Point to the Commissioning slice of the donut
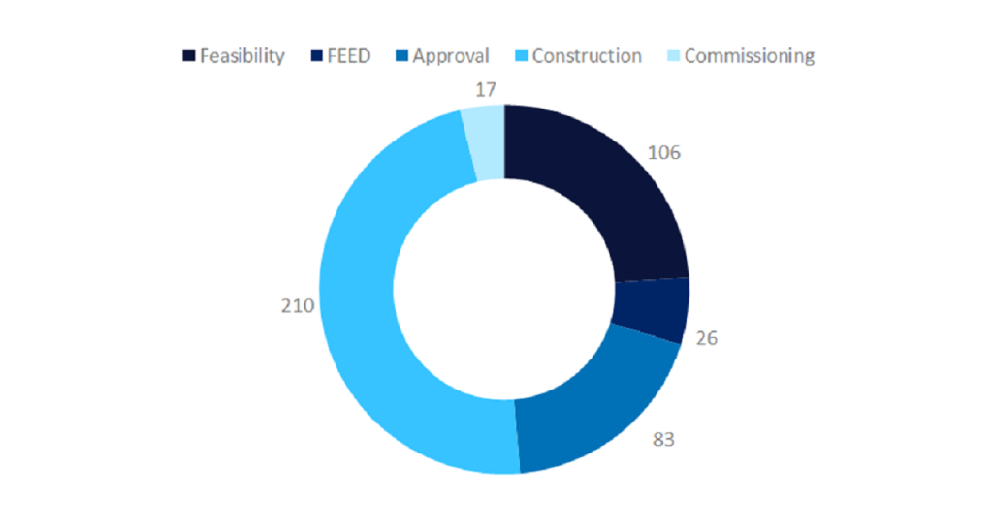(x=485, y=141)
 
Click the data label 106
(x=665, y=152)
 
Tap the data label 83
(x=663, y=439)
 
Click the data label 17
(x=486, y=90)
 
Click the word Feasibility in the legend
(x=242, y=56)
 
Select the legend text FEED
(x=349, y=56)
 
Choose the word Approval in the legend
(x=450, y=56)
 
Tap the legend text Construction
(x=587, y=56)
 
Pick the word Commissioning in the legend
(x=749, y=56)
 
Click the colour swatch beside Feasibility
(x=189, y=56)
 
